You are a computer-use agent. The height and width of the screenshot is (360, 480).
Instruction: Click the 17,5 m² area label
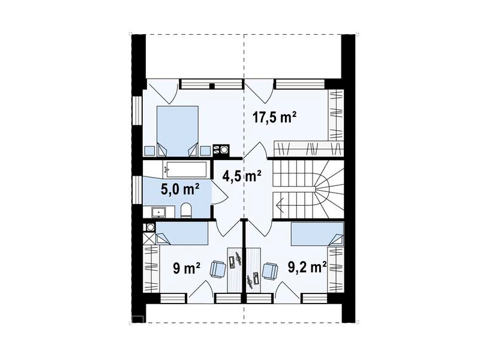[274, 117]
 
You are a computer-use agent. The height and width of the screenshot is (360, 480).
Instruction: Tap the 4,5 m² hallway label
[242, 176]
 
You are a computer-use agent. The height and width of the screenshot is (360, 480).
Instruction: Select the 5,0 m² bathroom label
[180, 189]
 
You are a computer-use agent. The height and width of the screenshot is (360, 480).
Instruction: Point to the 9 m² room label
[187, 268]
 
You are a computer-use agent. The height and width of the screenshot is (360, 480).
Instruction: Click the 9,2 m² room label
[307, 267]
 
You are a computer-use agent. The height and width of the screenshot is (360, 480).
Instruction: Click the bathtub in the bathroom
[185, 170]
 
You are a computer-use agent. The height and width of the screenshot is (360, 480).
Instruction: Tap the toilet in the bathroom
[186, 211]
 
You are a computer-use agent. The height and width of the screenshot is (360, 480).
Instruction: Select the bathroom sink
[159, 212]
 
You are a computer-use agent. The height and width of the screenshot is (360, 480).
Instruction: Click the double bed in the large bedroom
[178, 131]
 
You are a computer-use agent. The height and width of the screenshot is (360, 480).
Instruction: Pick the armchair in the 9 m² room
[218, 269]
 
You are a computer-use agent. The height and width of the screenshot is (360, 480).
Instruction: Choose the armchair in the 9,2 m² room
[271, 271]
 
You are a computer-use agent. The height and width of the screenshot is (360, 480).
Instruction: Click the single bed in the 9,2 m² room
[317, 234]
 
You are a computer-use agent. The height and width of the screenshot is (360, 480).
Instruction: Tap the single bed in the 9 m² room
[182, 233]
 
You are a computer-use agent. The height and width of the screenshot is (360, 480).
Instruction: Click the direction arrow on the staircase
[280, 203]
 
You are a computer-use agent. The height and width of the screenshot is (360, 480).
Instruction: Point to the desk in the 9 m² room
[235, 270]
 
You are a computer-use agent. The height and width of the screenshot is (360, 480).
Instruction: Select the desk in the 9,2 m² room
[253, 270]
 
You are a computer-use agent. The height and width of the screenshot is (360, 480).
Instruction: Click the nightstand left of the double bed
[150, 151]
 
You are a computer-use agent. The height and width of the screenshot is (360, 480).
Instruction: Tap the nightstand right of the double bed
[205, 151]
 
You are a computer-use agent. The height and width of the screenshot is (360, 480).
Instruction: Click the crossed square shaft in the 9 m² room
[149, 238]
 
